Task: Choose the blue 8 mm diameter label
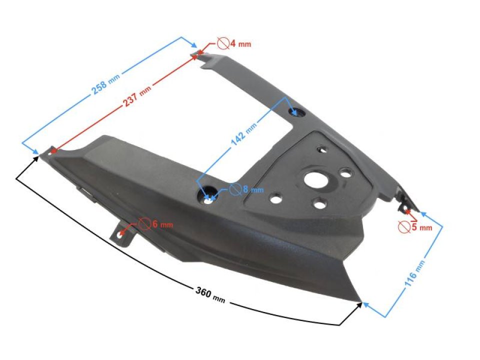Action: click(252, 189)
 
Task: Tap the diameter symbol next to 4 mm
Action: click(223, 43)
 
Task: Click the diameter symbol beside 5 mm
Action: click(404, 227)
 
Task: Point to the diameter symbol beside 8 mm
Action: click(235, 189)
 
